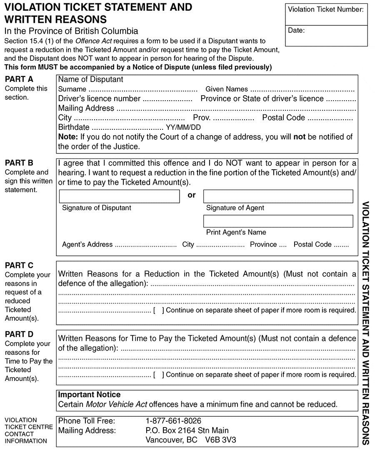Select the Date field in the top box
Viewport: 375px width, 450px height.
click(x=326, y=36)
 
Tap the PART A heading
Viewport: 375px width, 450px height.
click(x=19, y=79)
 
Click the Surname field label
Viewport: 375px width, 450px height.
click(x=72, y=89)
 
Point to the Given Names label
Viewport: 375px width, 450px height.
click(x=227, y=89)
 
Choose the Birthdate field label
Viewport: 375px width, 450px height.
click(x=74, y=127)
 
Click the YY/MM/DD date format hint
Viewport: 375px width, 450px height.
click(x=183, y=128)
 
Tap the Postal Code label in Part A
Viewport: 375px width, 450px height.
click(x=283, y=118)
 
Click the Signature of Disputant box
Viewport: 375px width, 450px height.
click(x=119, y=196)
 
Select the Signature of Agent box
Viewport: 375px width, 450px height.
click(x=278, y=196)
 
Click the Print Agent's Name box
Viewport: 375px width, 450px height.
click(x=278, y=221)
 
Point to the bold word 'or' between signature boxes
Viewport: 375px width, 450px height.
click(x=192, y=195)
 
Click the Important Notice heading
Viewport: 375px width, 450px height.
click(x=89, y=395)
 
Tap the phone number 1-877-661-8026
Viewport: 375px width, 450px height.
click(x=173, y=421)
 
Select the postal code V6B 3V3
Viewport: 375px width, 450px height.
click(x=221, y=440)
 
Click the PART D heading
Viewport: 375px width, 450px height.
click(x=19, y=334)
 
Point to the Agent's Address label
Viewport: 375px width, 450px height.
click(x=87, y=245)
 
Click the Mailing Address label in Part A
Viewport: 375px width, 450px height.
click(x=86, y=108)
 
